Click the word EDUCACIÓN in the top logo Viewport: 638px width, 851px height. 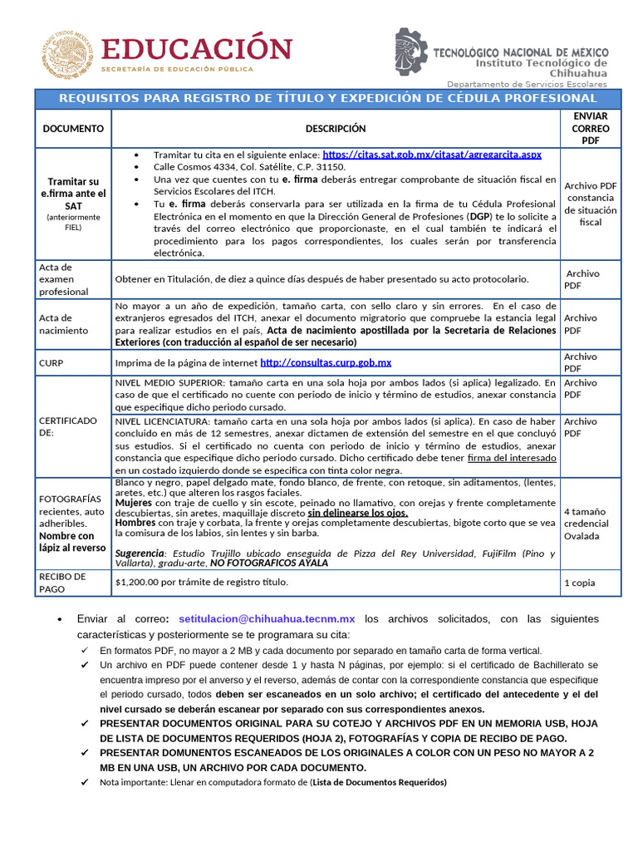tap(197, 47)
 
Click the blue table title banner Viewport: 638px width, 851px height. tap(327, 98)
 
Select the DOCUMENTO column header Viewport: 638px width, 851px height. tap(73, 129)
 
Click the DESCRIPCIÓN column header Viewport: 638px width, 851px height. tap(335, 129)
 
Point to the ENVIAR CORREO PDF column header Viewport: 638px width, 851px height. tap(590, 129)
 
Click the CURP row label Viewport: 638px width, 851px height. tap(52, 363)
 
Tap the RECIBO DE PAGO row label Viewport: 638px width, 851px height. tap(62, 583)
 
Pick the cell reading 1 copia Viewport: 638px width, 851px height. tap(579, 583)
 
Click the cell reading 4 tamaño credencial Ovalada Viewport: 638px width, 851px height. tap(586, 524)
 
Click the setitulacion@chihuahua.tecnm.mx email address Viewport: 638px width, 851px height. tap(267, 619)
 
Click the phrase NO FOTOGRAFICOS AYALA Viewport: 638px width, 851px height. tap(269, 563)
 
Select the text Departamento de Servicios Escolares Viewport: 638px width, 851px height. tap(527, 84)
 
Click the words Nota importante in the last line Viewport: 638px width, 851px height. tap(129, 782)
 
